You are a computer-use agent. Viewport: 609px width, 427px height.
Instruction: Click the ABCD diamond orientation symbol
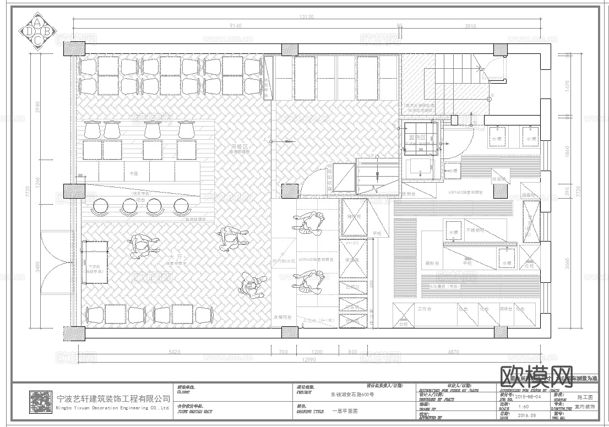(37, 31)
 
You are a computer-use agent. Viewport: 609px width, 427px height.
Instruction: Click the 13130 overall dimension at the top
(306, 17)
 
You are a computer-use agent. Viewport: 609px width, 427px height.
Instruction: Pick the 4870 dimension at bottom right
(453, 351)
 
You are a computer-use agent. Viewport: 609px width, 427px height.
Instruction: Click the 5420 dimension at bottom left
(175, 351)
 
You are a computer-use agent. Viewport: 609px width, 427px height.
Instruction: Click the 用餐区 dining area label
(240, 147)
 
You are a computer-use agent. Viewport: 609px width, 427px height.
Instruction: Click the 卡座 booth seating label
(133, 173)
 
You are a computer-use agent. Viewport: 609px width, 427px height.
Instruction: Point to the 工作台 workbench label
(425, 309)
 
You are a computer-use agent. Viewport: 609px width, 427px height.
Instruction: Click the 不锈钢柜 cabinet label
(474, 229)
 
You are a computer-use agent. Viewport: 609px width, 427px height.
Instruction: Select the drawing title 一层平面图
(345, 411)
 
